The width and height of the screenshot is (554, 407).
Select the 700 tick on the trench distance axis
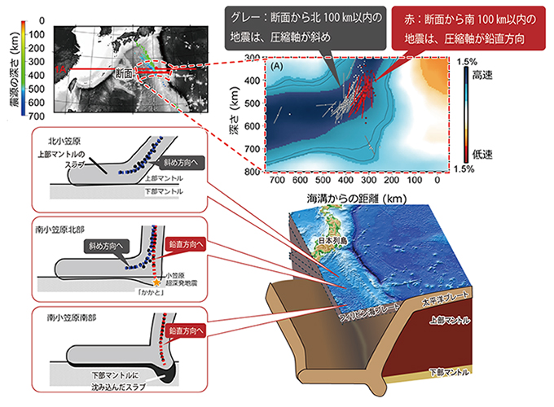276,183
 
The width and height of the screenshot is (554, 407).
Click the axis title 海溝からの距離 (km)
357,199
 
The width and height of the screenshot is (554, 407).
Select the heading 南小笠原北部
81,230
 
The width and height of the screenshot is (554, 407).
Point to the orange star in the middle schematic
157,282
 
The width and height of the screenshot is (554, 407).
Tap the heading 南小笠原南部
81,314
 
